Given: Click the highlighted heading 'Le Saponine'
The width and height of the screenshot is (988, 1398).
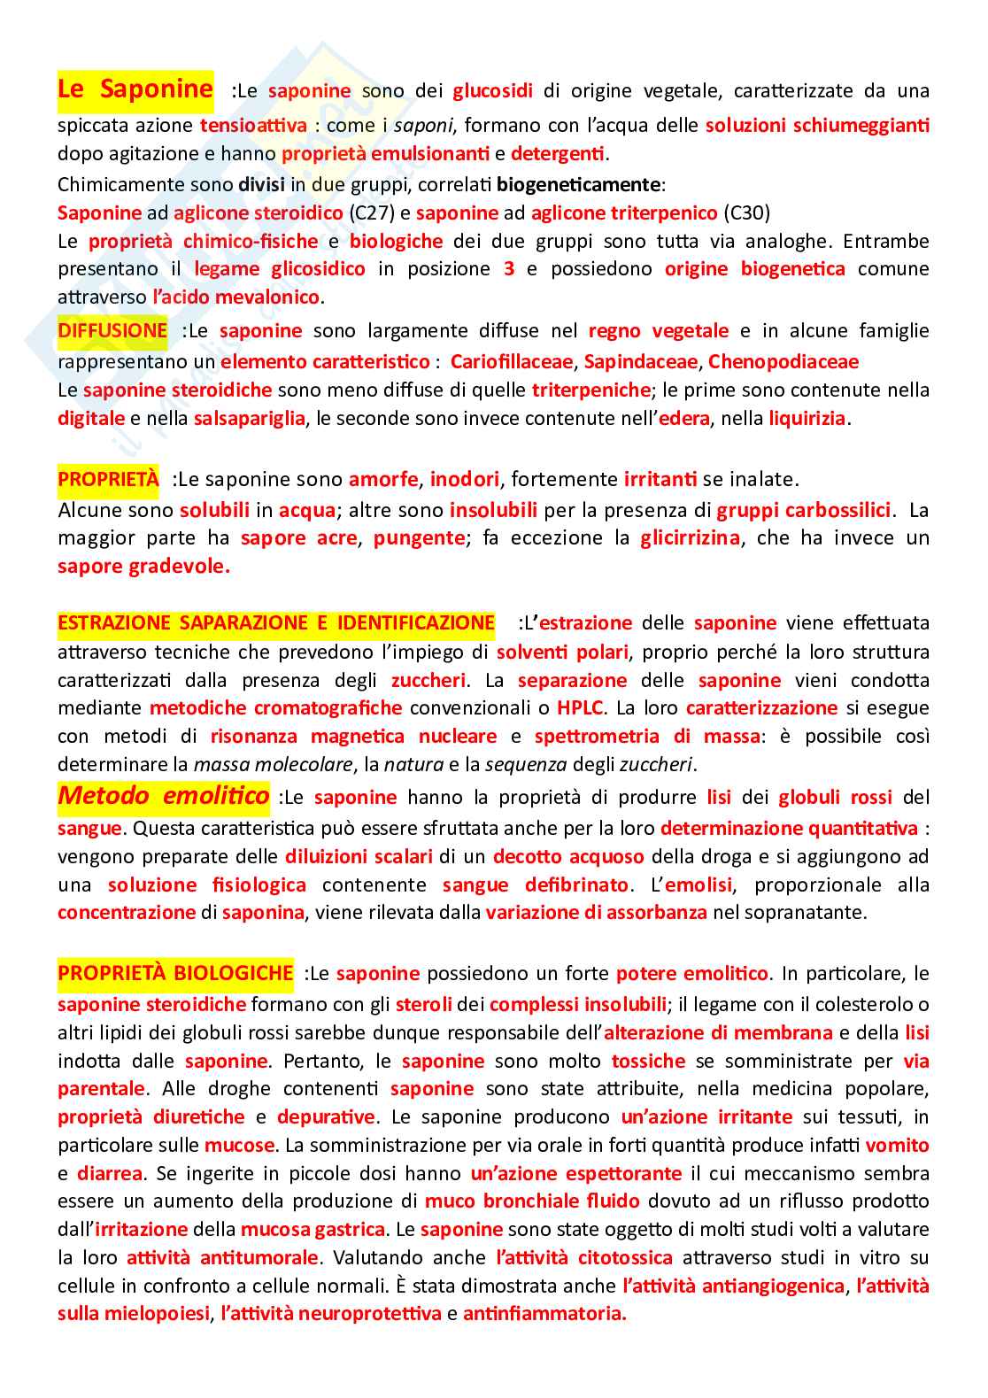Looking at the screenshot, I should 135,89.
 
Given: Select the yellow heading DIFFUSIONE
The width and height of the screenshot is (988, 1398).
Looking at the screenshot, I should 112,330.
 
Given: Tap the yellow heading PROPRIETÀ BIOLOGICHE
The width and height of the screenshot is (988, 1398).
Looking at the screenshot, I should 175,973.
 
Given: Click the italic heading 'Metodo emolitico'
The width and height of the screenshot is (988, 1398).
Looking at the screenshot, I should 163,795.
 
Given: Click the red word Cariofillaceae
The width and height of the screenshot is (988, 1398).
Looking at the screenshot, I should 511,361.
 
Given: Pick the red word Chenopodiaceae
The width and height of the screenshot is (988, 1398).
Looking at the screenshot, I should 783,361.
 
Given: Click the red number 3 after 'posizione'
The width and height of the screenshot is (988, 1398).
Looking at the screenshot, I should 508,268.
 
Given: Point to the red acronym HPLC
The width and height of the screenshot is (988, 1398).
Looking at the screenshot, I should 580,707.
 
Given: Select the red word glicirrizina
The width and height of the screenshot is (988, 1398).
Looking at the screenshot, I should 690,537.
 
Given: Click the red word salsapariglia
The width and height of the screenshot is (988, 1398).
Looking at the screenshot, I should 250,418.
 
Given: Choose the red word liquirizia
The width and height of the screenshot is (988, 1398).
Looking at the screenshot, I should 807,418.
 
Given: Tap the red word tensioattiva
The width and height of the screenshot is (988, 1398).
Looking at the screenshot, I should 253,125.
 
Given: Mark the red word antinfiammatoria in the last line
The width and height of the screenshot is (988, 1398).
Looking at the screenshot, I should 544,1313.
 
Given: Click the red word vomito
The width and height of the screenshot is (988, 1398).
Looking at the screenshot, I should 897,1145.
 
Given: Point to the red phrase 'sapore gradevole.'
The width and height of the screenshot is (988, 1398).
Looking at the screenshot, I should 143,566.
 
